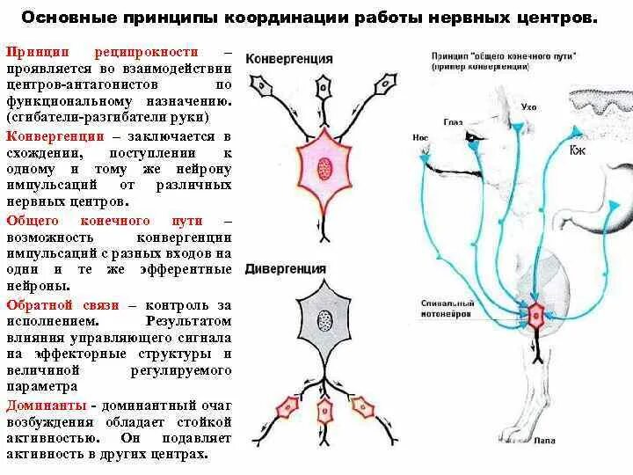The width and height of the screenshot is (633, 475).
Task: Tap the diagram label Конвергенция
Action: point(288,59)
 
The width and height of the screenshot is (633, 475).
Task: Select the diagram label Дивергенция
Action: point(285,268)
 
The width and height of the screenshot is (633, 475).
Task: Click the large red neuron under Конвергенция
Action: point(324,166)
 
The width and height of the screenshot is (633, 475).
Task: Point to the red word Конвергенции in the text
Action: point(55,136)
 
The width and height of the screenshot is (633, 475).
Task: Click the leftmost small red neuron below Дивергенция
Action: point(287,406)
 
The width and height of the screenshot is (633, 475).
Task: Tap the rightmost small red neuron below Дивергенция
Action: point(362,405)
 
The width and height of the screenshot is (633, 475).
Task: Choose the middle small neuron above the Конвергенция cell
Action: point(324,88)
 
